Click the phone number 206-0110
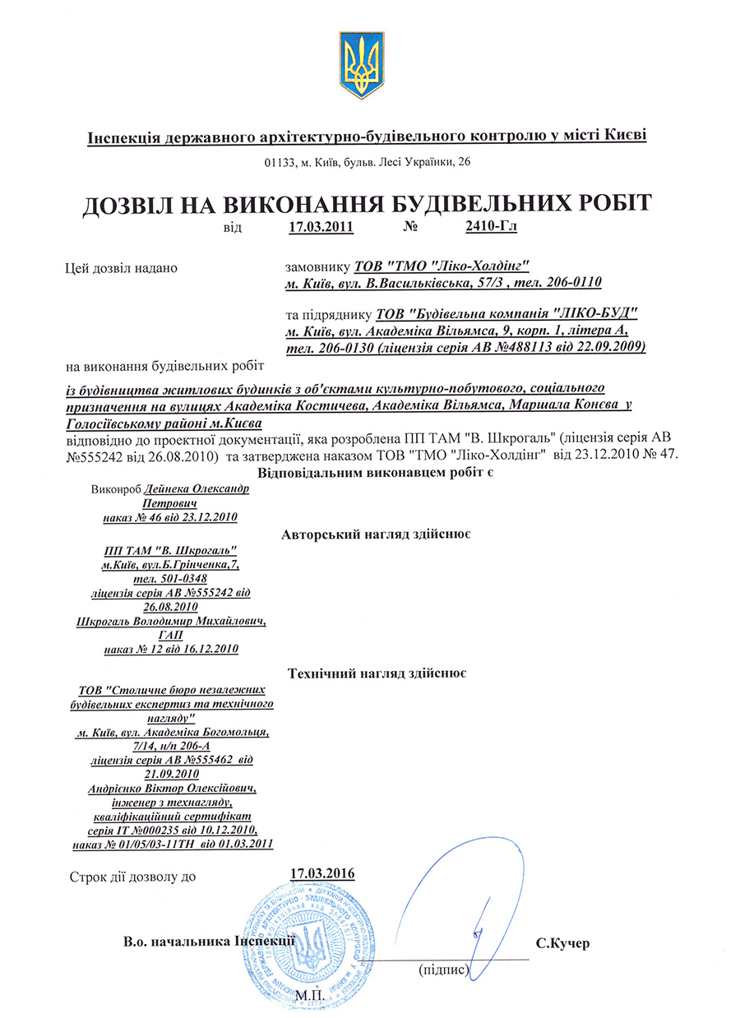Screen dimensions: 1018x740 tap(572, 284)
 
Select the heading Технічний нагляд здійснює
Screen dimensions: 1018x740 tap(378, 673)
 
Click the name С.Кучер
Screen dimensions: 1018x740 tap(563, 944)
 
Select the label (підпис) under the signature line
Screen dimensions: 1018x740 tap(444, 969)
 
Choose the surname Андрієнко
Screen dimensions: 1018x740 tap(120, 789)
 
